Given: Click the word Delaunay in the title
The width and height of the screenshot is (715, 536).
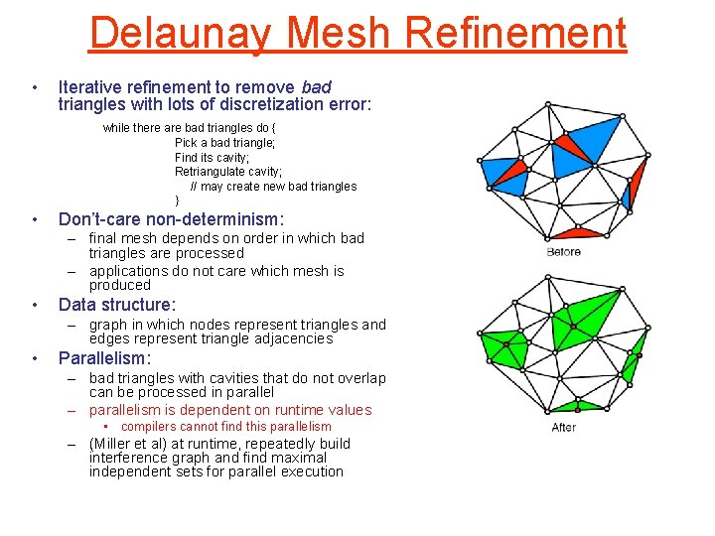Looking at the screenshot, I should (179, 33).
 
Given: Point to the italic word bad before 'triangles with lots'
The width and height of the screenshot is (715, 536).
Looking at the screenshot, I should (316, 87).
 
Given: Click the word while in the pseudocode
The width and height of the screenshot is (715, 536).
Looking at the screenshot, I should (116, 128).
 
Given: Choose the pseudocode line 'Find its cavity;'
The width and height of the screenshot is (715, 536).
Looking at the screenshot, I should (212, 157).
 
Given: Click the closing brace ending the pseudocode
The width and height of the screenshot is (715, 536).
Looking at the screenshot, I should (177, 201).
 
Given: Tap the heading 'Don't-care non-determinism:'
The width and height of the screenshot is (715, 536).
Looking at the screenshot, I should (171, 218).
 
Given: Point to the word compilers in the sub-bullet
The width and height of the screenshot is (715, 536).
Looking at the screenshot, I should (152, 427).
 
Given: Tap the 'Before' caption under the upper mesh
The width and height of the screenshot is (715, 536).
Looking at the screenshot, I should (563, 252).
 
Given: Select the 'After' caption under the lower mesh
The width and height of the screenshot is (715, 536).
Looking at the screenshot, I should (563, 428).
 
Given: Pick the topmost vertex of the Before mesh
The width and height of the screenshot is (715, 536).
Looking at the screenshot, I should (547, 102).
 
